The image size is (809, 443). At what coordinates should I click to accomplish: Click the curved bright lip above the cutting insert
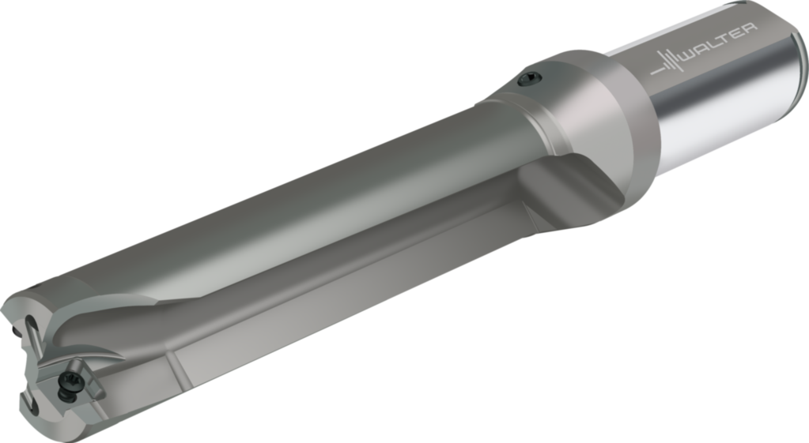(x=95, y=347)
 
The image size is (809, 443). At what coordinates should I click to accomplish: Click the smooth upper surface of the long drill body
(x=277, y=197)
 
